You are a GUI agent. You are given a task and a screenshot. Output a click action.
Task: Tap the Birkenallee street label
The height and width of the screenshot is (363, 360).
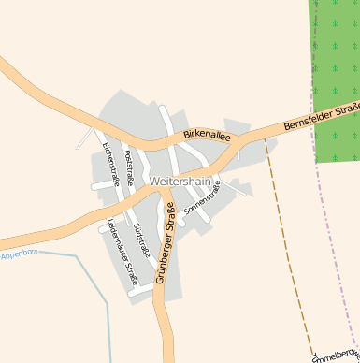pyautogui.click(x=207, y=136)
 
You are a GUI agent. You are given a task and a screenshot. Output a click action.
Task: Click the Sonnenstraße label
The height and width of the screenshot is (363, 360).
pyautogui.click(x=202, y=198)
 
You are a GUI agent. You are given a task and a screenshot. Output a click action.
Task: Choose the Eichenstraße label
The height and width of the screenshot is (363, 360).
pyautogui.click(x=110, y=164)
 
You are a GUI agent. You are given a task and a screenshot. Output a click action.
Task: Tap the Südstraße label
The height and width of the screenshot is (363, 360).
pyautogui.click(x=140, y=240)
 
